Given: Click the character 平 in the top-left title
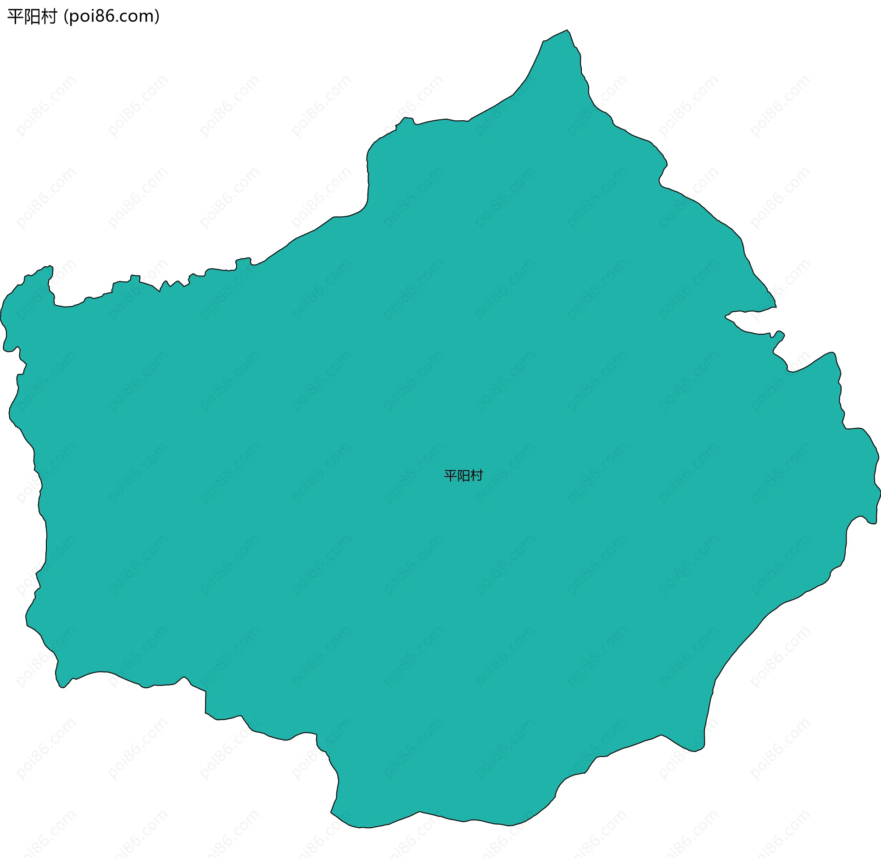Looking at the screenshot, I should click(x=15, y=17).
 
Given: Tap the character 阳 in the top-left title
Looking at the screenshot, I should click(x=31, y=17).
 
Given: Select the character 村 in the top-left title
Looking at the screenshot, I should click(x=48, y=17).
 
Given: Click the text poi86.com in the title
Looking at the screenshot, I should click(x=111, y=17).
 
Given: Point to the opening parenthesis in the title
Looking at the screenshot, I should click(x=66, y=17).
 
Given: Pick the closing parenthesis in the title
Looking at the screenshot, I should click(x=157, y=17).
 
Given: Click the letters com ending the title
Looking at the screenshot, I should click(x=137, y=17).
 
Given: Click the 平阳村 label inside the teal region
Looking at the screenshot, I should click(x=463, y=476).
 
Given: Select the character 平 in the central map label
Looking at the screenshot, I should click(x=451, y=476).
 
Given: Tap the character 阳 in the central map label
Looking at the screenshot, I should click(x=463, y=476).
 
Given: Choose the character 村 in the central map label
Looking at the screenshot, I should click(x=477, y=476).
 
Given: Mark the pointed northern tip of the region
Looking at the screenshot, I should click(x=567, y=31).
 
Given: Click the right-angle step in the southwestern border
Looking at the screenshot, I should click(x=206, y=691).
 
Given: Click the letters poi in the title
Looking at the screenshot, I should click(x=81, y=17).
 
